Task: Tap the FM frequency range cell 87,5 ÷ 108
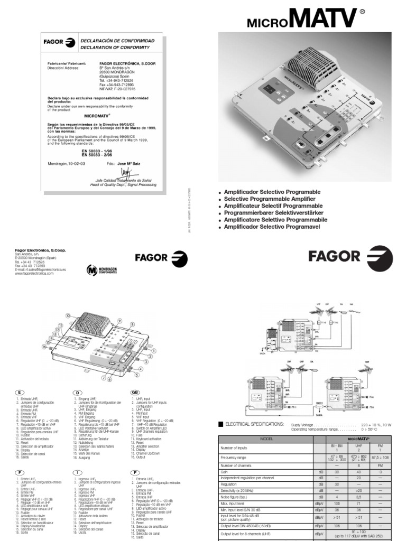pos(379,456)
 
